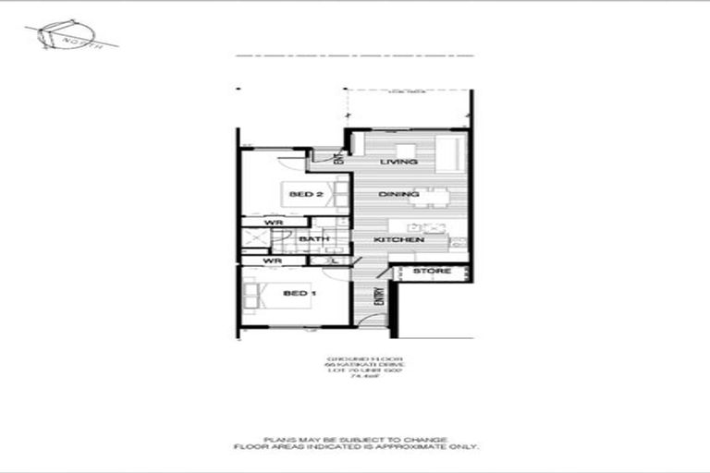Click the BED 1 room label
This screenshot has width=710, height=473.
294,293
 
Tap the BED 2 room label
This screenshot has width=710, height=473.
305,194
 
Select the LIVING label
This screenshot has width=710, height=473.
399,163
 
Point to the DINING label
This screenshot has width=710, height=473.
398,194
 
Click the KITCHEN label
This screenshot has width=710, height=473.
398,240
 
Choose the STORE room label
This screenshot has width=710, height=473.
432,272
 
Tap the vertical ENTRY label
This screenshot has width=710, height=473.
379,297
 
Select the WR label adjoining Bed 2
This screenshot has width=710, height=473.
274,223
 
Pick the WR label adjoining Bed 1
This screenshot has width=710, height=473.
272,261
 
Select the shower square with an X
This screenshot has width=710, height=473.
254,238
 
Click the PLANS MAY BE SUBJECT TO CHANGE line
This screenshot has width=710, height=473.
355,439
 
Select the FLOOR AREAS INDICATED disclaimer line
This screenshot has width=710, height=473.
355,446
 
